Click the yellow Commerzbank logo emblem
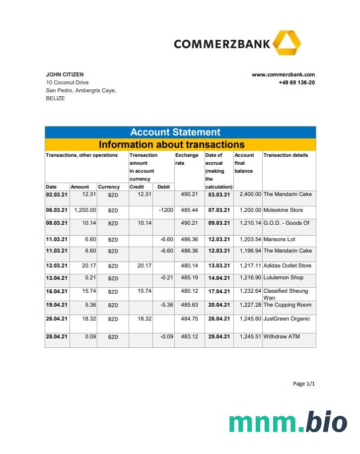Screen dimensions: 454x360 pos(287,43)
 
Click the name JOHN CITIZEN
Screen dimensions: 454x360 pos(65,74)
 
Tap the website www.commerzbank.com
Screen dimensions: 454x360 pos(283,74)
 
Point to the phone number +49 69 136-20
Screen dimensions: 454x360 pos(296,82)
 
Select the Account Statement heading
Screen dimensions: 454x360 pos(175,132)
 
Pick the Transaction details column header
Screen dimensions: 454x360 pos(286,155)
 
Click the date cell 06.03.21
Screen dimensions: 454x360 pos(56,210)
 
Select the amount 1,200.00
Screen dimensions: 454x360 pos(85,210)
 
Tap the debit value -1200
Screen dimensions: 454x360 pos(166,210)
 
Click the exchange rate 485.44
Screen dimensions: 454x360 pos(189,210)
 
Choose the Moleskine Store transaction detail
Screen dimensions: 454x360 pos(283,210)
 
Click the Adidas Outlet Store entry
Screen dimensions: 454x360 pos(288,265)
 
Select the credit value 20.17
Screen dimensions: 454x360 pos(144,265)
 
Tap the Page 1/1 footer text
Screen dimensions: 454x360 pos(304,384)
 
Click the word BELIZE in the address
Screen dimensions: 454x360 pos(55,98)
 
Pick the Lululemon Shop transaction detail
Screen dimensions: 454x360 pos(284,277)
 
